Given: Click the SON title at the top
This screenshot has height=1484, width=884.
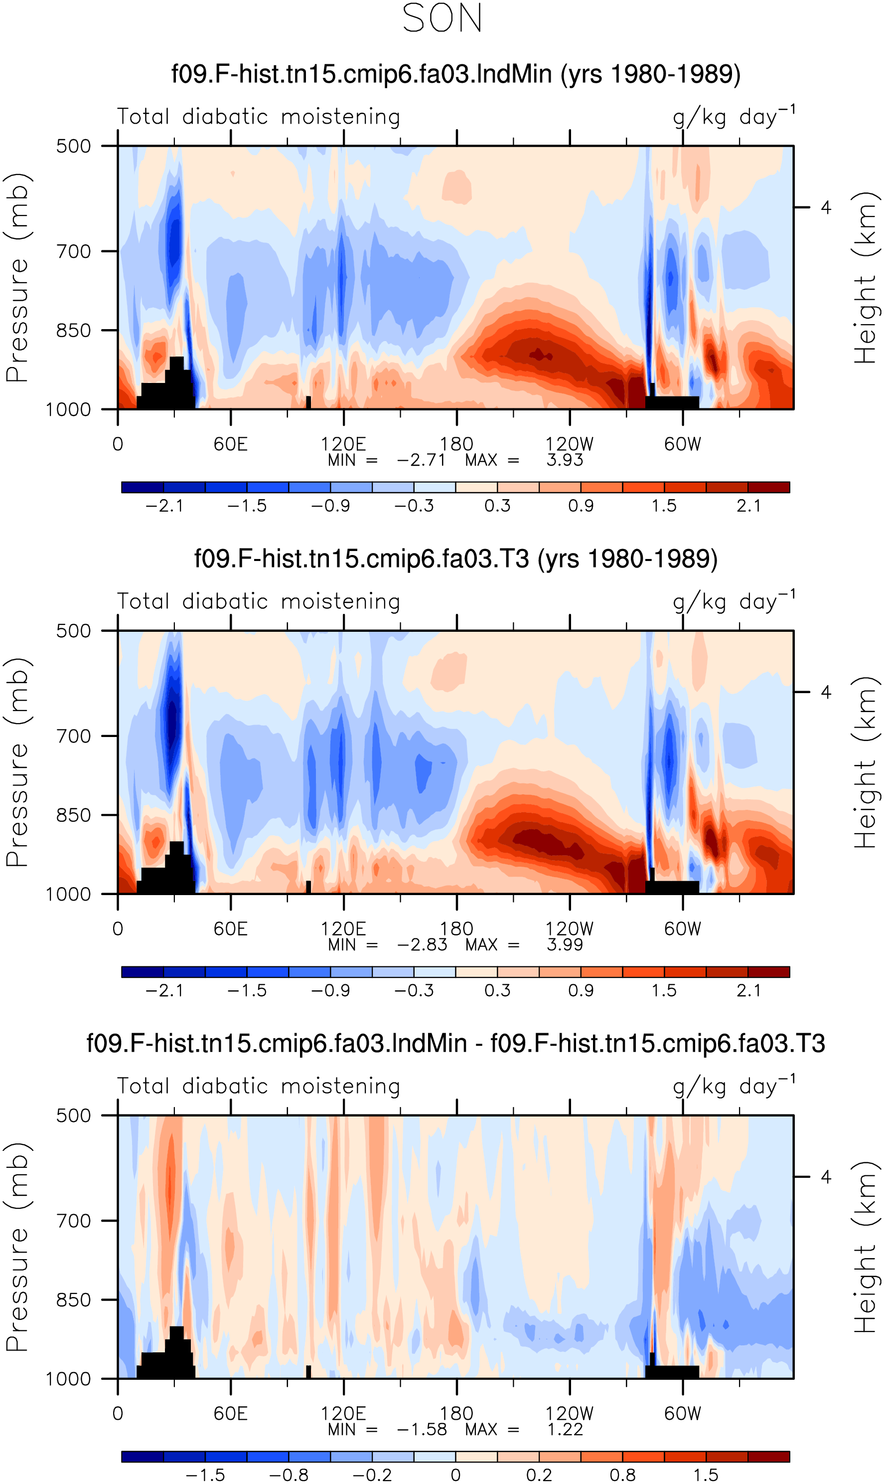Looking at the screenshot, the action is (x=442, y=18).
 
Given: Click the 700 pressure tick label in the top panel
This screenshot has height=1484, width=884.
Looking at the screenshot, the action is (x=74, y=251).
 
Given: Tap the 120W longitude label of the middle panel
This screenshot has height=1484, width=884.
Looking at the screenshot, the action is (x=570, y=929).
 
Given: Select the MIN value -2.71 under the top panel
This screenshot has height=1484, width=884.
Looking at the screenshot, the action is (x=421, y=460).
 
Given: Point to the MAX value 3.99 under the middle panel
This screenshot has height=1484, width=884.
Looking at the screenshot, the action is (x=565, y=944).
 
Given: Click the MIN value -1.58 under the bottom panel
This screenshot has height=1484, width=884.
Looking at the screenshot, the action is (x=422, y=1429).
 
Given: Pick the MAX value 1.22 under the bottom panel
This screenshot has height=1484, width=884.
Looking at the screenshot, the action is (x=565, y=1429).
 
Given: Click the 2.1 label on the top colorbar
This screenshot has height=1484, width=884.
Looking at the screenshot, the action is (x=748, y=506).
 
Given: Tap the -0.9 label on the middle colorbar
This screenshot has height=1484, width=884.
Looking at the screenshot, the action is (x=330, y=990).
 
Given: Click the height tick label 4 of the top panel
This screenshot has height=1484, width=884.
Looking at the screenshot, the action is (x=826, y=207).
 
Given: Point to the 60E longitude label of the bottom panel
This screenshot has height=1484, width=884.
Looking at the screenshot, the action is (x=231, y=1414).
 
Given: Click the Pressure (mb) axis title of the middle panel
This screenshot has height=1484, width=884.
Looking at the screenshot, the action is (x=16, y=762).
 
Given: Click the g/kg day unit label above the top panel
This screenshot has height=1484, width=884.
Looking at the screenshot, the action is (x=734, y=116).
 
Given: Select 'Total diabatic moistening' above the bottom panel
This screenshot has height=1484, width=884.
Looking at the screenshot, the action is (x=259, y=1086).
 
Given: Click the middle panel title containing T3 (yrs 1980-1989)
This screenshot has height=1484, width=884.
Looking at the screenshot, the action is (x=455, y=559).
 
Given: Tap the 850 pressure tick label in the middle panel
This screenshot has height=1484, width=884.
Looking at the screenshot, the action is (x=74, y=815).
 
